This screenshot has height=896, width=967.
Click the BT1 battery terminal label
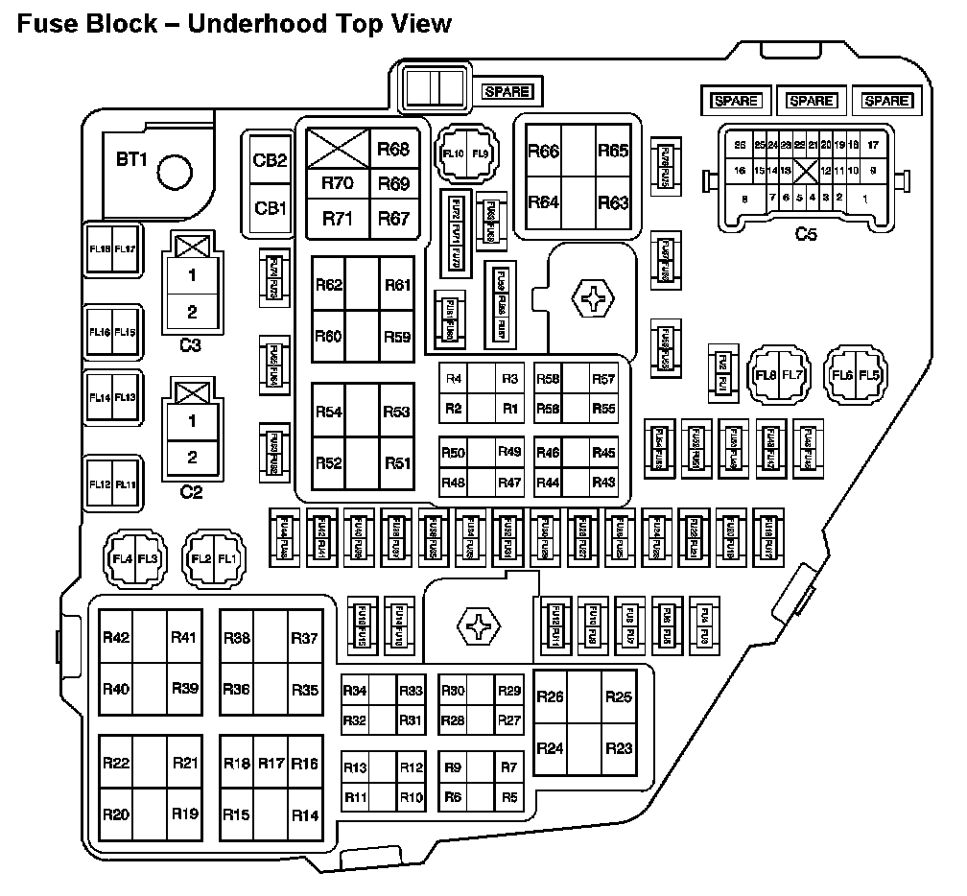click(x=131, y=160)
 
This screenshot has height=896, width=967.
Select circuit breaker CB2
click(x=270, y=160)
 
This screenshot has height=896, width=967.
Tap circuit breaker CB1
click(x=270, y=207)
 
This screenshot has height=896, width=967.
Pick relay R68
click(x=393, y=149)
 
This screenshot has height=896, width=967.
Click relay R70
click(x=337, y=183)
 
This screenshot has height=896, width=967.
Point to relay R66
click(x=544, y=151)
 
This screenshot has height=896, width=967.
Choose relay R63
click(x=613, y=202)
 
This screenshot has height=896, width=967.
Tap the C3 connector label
click(x=192, y=344)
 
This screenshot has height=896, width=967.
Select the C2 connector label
click(x=192, y=492)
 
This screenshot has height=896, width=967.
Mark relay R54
click(x=329, y=412)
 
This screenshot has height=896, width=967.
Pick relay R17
click(x=271, y=764)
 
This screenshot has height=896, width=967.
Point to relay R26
click(x=550, y=697)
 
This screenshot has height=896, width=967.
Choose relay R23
click(x=620, y=748)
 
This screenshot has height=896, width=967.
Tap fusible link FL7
click(x=792, y=375)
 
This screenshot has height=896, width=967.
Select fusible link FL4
click(x=122, y=559)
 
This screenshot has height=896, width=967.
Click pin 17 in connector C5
click(x=872, y=145)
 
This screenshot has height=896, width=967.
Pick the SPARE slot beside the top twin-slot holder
click(x=507, y=92)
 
